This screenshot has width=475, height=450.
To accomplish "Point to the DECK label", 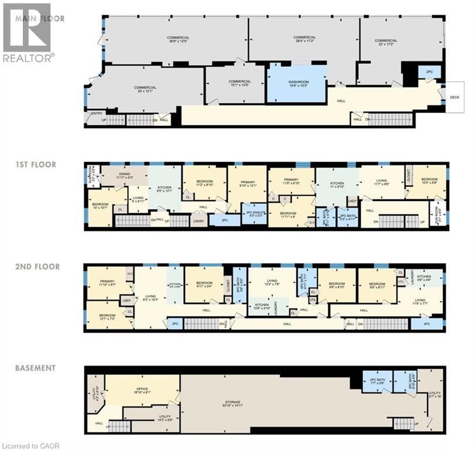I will click(455, 97).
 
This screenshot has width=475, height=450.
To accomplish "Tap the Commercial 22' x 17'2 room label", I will click(386, 43).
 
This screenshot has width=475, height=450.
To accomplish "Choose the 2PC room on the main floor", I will click(429, 72).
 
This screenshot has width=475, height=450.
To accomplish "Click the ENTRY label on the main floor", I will click(97, 114).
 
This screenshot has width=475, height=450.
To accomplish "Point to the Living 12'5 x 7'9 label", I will click(271, 283).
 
